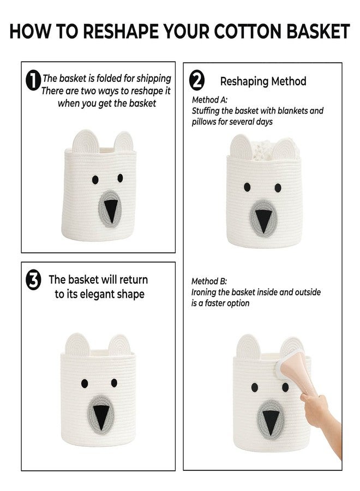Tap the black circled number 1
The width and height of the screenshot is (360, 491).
click(33, 81)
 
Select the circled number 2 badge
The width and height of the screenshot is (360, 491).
click(197, 81)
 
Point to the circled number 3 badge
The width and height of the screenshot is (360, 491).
click(33, 280)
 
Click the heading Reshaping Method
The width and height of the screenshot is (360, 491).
click(263, 81)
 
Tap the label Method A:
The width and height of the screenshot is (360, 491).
click(209, 100)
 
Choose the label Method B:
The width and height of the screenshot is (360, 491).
click(209, 281)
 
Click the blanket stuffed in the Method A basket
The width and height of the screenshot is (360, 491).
click(266, 151)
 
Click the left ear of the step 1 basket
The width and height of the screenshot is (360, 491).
click(86, 141)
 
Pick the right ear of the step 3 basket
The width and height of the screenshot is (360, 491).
click(119, 345)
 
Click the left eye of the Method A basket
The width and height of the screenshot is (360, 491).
click(247, 187)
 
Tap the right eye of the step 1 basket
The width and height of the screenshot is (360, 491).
click(120, 178)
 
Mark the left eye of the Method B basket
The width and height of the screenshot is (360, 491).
click(255, 387)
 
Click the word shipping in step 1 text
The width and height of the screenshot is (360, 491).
click(154, 79)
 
